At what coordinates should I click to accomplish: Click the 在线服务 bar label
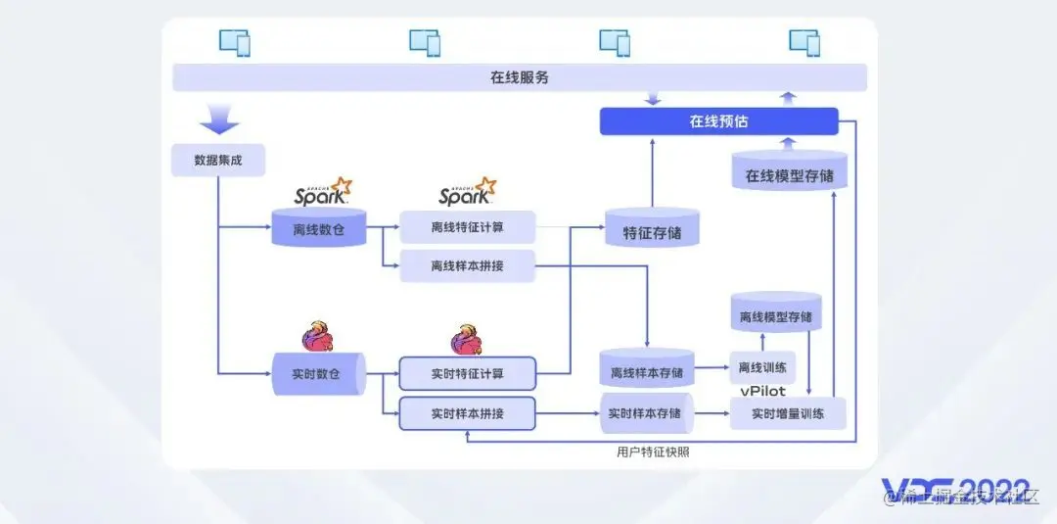click(520, 77)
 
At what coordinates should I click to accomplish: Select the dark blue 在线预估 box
click(718, 121)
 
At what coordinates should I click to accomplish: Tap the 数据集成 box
click(217, 161)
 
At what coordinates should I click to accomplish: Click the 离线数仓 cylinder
click(318, 230)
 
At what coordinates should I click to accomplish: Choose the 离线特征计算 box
click(467, 227)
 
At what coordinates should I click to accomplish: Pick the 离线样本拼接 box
click(467, 265)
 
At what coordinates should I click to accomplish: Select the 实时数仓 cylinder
click(318, 374)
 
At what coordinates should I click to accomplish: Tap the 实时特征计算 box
click(467, 373)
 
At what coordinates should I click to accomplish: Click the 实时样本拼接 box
click(467, 413)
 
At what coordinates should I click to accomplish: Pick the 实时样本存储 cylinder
click(646, 413)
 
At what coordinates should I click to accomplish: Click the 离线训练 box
click(762, 367)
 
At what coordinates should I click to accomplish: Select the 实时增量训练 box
click(787, 413)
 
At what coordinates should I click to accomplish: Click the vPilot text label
click(762, 391)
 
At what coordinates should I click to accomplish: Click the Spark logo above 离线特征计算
click(467, 193)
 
